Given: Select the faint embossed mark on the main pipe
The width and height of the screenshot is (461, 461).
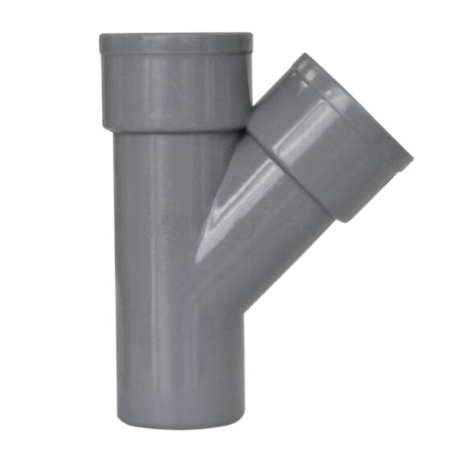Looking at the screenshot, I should click(170, 226).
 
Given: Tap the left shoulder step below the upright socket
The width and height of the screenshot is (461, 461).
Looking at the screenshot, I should click(108, 129).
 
